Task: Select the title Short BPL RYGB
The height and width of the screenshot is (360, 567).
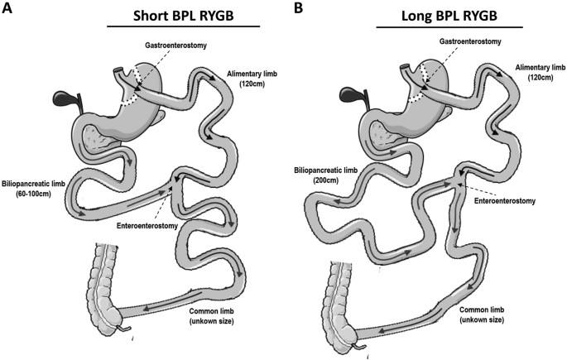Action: [x=183, y=15]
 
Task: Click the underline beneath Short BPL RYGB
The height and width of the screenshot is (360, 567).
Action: [x=183, y=26]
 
